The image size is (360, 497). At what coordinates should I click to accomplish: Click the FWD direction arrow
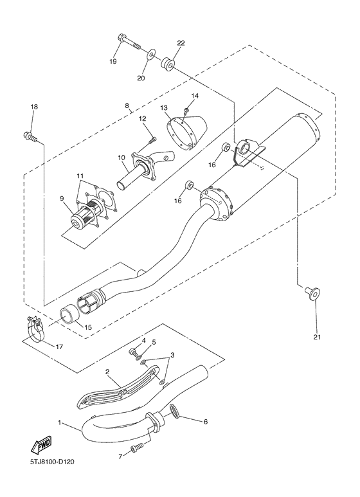point(40,445)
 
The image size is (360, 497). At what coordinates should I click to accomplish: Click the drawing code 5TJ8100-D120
point(53,462)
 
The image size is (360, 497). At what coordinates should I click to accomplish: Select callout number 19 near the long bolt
point(113,62)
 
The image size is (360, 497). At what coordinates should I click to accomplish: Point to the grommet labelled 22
point(168,63)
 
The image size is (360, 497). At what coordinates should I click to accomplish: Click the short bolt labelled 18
point(30,136)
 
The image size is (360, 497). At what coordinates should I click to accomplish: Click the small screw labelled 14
point(187,110)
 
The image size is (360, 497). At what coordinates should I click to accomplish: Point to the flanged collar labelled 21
point(312,294)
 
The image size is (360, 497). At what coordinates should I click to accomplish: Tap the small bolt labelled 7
point(137,449)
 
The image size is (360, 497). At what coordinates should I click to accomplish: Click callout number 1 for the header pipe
point(60,422)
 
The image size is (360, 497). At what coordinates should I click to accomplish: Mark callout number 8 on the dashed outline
point(127,105)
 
